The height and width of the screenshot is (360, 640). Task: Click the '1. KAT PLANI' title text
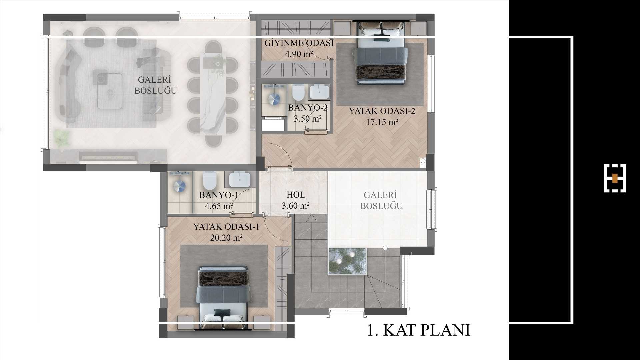coord(419,330)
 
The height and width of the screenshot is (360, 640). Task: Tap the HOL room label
coord(296,195)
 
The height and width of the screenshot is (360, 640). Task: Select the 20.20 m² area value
coord(226,238)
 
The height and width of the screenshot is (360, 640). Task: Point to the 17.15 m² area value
coord(382,122)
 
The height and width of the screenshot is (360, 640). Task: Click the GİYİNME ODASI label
coord(299,43)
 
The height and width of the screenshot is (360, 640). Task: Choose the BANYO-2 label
coord(308,108)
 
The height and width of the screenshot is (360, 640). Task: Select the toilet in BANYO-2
coord(298,92)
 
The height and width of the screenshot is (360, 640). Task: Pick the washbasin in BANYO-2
coord(319,92)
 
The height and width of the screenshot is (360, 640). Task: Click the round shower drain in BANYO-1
coord(179,186)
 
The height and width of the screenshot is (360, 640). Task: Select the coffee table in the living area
coord(110,91)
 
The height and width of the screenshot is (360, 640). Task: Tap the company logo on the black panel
coord(615,178)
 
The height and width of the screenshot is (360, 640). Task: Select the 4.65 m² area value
coord(219,206)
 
